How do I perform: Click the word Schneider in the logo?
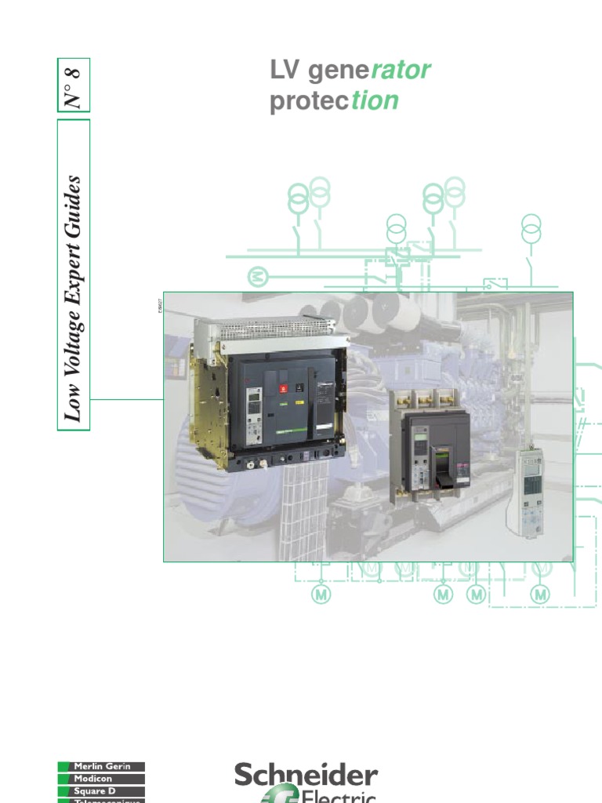click(x=306, y=776)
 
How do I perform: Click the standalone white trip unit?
click(x=533, y=491)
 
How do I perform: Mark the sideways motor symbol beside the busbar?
click(x=258, y=277)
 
